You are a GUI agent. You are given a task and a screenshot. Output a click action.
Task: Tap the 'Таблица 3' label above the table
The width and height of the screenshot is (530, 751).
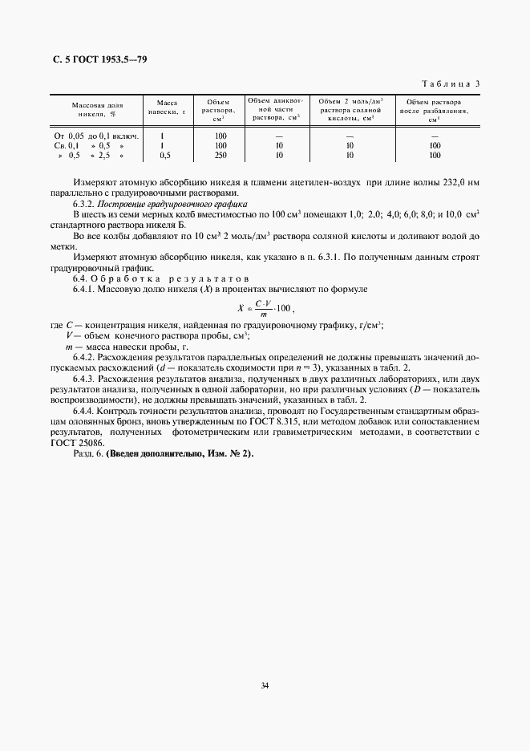coord(450,83)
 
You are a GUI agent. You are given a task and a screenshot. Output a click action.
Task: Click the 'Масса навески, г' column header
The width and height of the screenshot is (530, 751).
coord(167,108)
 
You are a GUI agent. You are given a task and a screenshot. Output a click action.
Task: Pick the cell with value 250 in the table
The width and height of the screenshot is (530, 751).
coord(220,156)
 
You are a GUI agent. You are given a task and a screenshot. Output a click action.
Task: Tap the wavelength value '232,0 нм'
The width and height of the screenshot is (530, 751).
coord(460,184)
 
